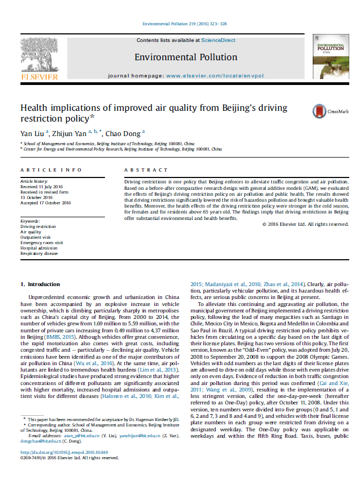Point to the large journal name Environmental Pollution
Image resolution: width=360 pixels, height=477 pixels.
click(x=186, y=57)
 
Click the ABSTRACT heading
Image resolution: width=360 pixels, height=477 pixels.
click(x=145, y=170)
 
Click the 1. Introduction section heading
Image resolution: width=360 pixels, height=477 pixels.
click(x=40, y=284)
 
